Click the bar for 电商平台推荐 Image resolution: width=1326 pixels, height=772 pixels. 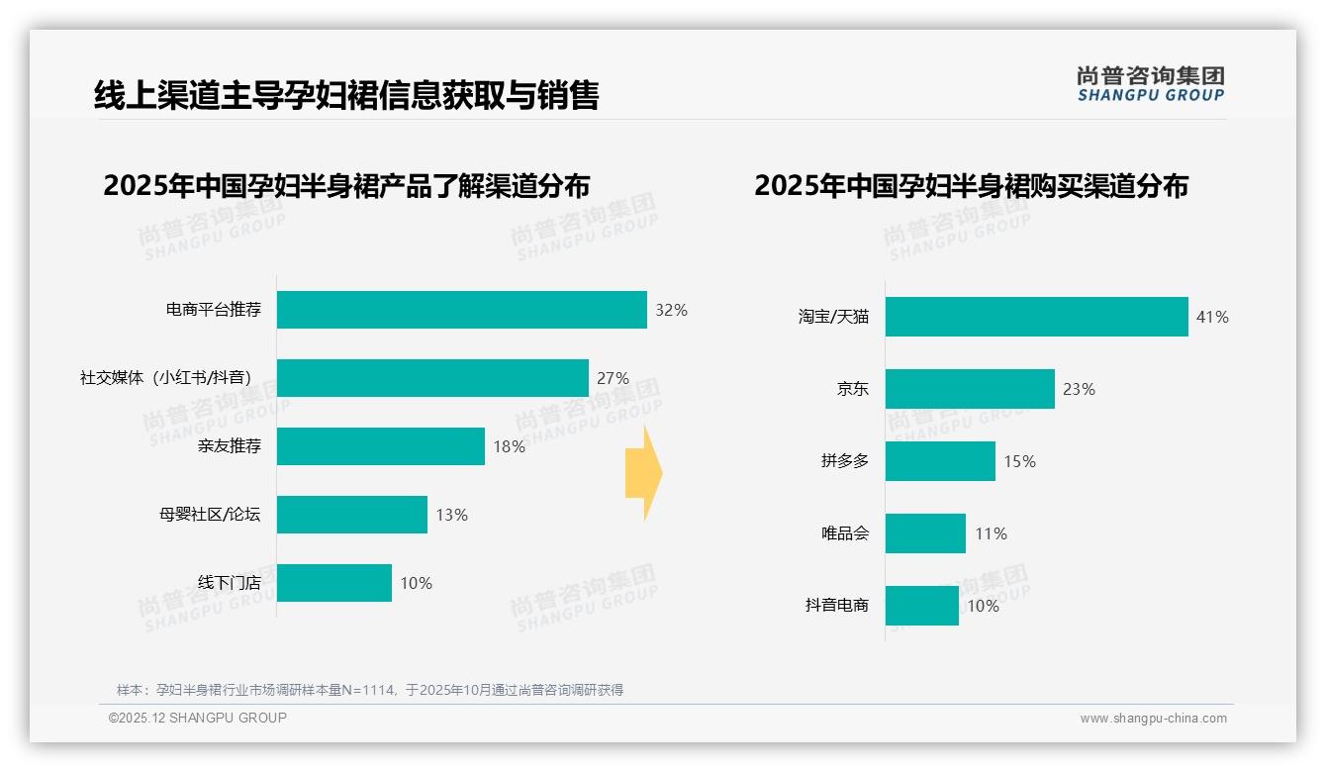click(x=461, y=310)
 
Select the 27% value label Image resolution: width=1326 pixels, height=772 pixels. click(x=613, y=378)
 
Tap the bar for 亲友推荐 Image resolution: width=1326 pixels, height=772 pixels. click(x=381, y=446)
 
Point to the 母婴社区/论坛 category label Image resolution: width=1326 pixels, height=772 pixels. click(x=210, y=515)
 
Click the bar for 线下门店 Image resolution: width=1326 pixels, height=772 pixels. click(x=334, y=583)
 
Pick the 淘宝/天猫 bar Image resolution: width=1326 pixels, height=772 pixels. click(x=1036, y=317)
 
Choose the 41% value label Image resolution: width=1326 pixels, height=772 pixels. click(x=1212, y=317)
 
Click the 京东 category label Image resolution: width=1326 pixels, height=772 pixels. click(x=852, y=389)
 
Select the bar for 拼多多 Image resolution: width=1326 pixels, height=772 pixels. click(x=940, y=461)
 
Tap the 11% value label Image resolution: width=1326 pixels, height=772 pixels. click(x=991, y=533)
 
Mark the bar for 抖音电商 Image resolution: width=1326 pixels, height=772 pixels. click(x=922, y=606)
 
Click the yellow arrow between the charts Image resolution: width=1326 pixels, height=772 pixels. click(x=644, y=473)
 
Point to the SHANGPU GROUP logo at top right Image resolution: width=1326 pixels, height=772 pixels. click(x=1150, y=84)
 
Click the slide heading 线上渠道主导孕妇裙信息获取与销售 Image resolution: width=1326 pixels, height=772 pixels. click(x=346, y=95)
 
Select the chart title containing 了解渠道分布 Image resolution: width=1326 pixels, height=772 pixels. click(x=346, y=186)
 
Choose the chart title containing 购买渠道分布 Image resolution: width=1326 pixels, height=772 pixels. click(x=971, y=186)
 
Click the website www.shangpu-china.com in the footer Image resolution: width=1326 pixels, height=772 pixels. click(x=1153, y=719)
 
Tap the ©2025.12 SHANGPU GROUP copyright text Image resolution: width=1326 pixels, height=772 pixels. click(x=198, y=718)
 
